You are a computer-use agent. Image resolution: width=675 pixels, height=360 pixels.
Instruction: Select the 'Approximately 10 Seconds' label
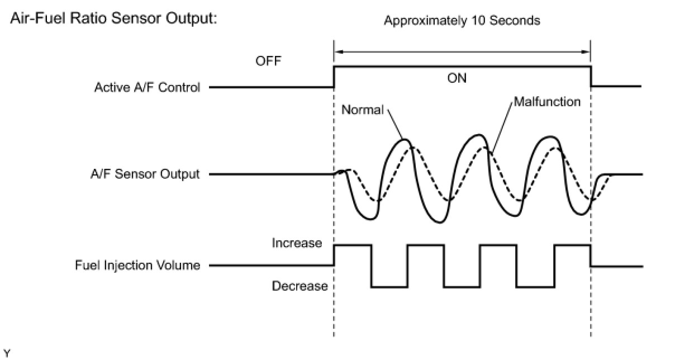pyautogui.click(x=462, y=21)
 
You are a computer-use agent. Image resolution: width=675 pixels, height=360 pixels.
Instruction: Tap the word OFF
pyautogui.click(x=269, y=60)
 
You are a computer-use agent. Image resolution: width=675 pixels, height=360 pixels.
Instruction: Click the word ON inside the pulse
pyautogui.click(x=457, y=78)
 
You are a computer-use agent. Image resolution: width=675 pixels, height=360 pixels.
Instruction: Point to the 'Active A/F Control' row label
pyautogui.click(x=147, y=87)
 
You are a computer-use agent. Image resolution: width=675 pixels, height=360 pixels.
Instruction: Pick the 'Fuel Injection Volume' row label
pyautogui.click(x=137, y=266)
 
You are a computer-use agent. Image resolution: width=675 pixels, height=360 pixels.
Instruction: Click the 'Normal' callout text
pyautogui.click(x=362, y=110)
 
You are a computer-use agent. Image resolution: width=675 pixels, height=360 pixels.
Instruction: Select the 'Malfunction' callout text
pyautogui.click(x=546, y=102)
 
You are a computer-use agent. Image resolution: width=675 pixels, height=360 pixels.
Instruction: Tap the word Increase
pyautogui.click(x=297, y=243)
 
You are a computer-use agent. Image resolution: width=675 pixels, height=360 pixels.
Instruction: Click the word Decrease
pyautogui.click(x=300, y=286)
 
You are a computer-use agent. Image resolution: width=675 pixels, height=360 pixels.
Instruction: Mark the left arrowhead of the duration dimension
pyautogui.click(x=337, y=51)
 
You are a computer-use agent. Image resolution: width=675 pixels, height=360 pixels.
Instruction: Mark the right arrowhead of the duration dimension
pyautogui.click(x=588, y=51)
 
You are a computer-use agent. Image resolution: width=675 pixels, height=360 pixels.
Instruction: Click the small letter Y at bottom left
pyautogui.click(x=7, y=353)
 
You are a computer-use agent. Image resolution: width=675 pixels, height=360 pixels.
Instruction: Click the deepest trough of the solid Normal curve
pyautogui.click(x=441, y=222)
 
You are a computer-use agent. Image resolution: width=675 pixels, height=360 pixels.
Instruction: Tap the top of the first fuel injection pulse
pyautogui.click(x=353, y=245)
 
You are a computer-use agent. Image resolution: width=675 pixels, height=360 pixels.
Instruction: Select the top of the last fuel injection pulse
pyautogui.click(x=572, y=245)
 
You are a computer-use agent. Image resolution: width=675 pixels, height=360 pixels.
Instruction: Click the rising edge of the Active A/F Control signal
pyautogui.click(x=334, y=77)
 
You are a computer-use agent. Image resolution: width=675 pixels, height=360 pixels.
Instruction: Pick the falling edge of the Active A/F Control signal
pyautogui.click(x=591, y=77)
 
